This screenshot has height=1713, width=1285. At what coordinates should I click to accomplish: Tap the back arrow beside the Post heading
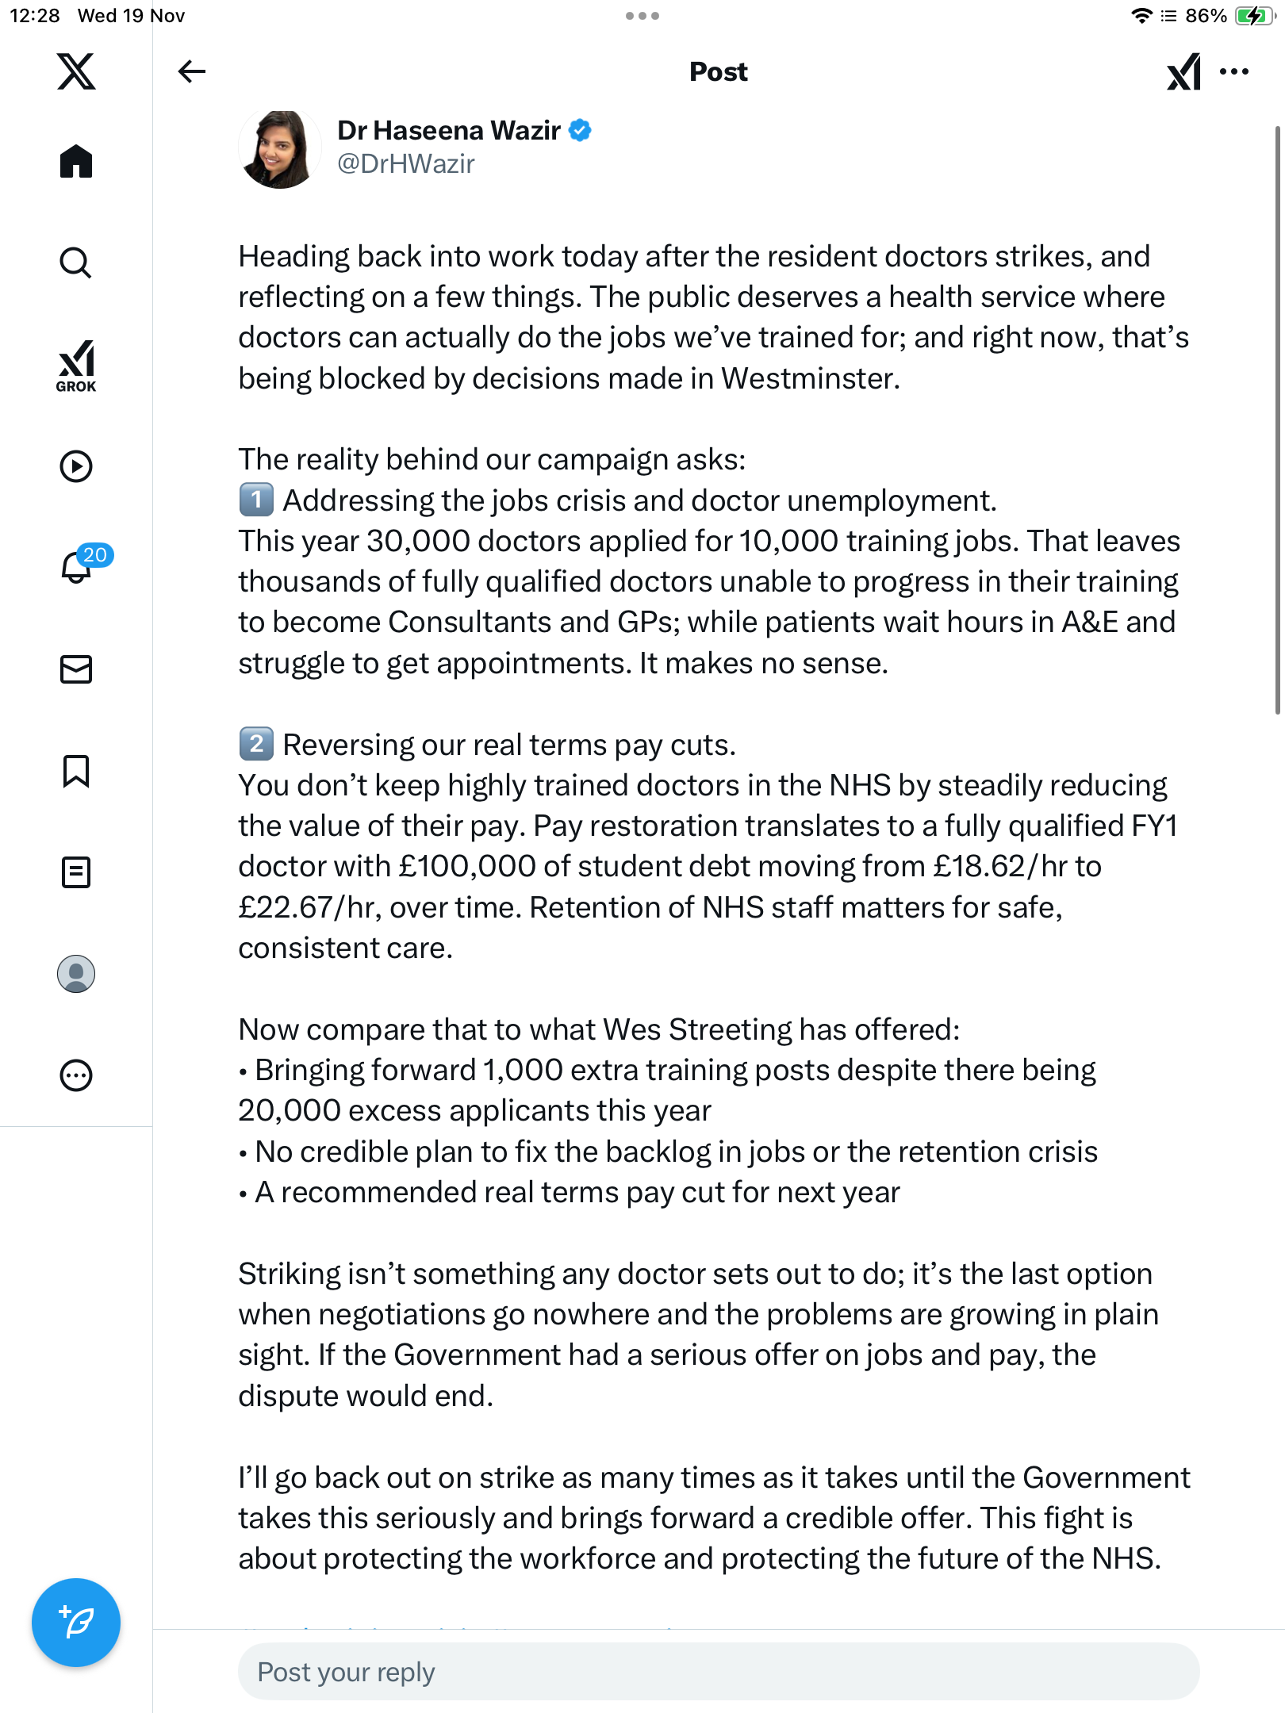pos(191,71)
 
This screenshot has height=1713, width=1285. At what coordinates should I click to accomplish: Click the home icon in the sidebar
pos(76,161)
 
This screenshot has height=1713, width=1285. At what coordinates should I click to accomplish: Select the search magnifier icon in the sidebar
pos(76,263)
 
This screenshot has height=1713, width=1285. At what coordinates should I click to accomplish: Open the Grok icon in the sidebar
pos(76,366)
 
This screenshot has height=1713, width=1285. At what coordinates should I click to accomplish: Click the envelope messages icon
pos(76,669)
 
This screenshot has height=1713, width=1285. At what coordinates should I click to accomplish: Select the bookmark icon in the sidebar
pos(76,771)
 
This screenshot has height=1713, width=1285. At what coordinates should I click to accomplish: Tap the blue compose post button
pos(76,1622)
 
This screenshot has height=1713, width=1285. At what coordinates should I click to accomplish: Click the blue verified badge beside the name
pos(581,130)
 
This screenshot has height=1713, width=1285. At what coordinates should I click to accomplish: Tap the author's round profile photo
pos(279,149)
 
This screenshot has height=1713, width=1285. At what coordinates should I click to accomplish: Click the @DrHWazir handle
pos(405,164)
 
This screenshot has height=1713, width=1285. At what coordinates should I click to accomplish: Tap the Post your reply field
pos(718,1672)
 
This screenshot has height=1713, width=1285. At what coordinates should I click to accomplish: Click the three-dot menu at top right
pos(1234,71)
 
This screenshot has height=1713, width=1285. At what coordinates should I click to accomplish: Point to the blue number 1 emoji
pos(256,500)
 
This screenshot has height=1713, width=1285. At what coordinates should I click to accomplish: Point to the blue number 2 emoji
pos(256,745)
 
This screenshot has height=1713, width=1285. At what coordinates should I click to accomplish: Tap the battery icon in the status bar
pos(1253,16)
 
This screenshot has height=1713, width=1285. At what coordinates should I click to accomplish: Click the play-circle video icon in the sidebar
pos(76,466)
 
